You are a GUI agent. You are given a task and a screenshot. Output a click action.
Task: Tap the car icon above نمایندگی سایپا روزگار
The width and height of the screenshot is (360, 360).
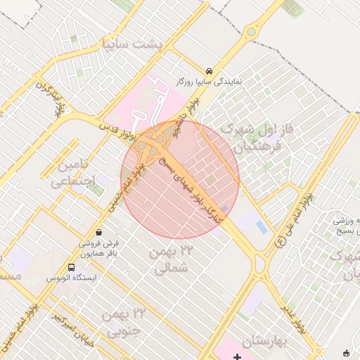[x=210, y=71]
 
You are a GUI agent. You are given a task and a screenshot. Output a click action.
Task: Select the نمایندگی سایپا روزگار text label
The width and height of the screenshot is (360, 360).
[x=209, y=82]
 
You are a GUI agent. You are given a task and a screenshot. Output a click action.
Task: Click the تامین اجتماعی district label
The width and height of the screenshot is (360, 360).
[x=70, y=174]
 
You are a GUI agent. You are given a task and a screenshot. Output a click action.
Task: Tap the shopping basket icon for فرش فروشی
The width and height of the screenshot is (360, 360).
[x=98, y=231]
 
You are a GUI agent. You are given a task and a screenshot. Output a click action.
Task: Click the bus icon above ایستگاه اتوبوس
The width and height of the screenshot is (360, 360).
[x=71, y=267]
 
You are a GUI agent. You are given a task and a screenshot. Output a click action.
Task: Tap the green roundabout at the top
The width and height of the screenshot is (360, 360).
[x=251, y=31]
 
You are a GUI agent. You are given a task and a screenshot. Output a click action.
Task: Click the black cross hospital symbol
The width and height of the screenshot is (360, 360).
[x=237, y=357]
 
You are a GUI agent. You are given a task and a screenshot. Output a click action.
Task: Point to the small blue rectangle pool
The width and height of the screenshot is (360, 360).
[x=262, y=227]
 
